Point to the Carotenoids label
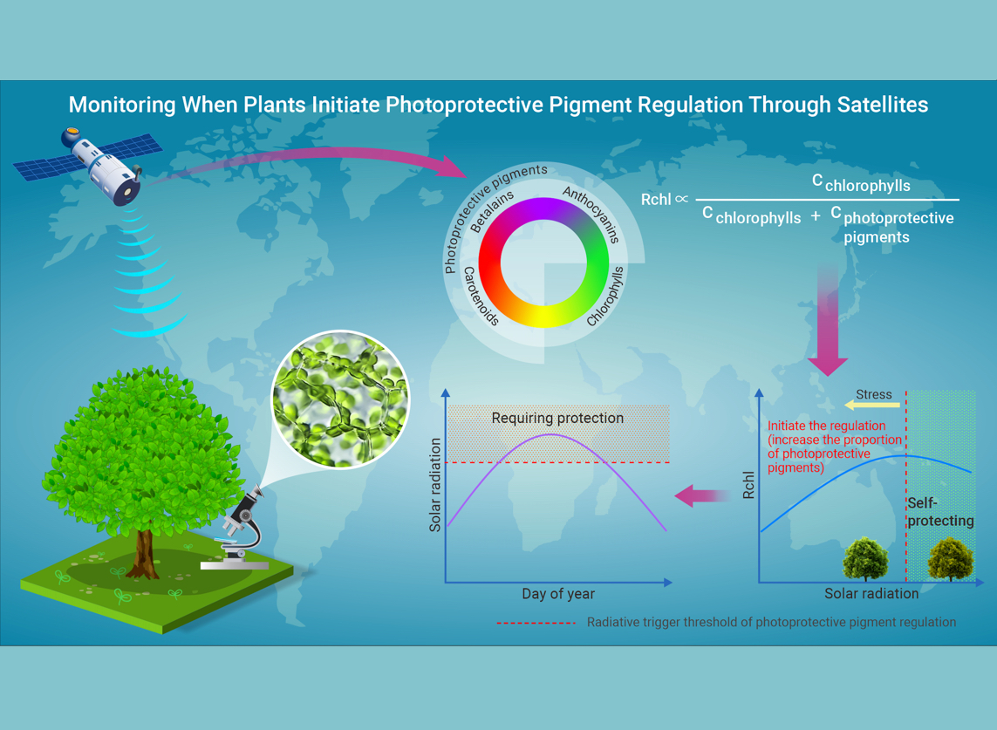pos(481,297)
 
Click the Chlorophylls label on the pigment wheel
pos(606,297)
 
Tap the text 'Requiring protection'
pos(557,418)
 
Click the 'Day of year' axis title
pos(558,594)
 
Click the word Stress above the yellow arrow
pos(874,394)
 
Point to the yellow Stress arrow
pos(871,406)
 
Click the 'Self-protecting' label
pos(939,512)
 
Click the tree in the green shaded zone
pos(949,558)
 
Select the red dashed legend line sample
pos(536,623)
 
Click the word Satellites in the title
pos(875,105)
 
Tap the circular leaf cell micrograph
pos(340,399)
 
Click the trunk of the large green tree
pos(143,549)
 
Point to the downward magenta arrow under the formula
pos(828,323)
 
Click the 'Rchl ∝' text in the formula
pos(664,200)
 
